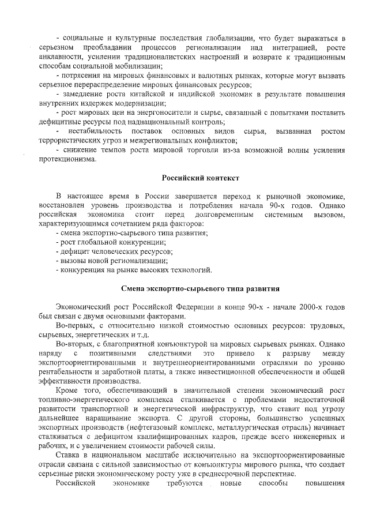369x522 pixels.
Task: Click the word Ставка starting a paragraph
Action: pyautogui.click(x=70, y=456)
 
